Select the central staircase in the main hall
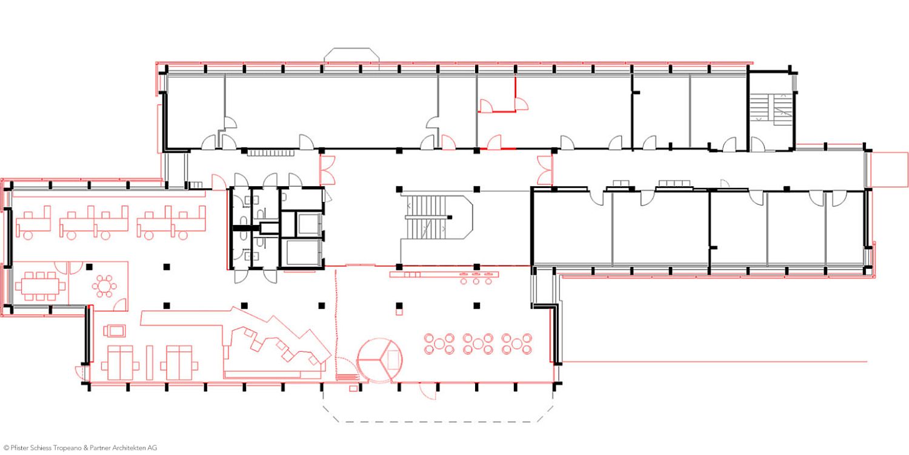[x=437, y=217]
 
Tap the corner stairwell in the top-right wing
[x=771, y=109]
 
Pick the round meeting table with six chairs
[x=104, y=286]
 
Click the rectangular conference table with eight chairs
[x=40, y=286]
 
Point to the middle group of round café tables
[x=478, y=344]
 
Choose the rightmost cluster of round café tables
[x=516, y=344]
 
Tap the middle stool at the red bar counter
[x=476, y=281]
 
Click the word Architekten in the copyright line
[x=131, y=448]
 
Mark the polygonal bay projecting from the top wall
[x=351, y=55]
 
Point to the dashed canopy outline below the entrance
[x=438, y=406]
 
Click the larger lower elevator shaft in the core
[x=302, y=253]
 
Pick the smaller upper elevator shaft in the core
[x=310, y=224]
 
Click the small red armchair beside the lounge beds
[x=115, y=331]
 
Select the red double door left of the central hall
[x=327, y=170]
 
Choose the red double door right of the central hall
[x=545, y=170]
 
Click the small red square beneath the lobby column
[x=399, y=312]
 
